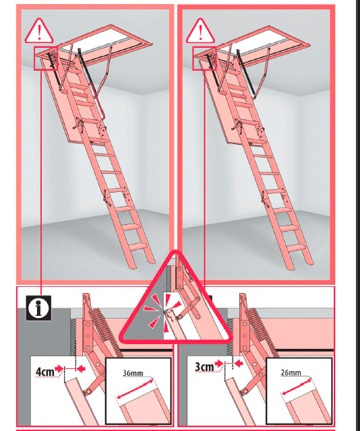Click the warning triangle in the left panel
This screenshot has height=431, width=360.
[x=39, y=31]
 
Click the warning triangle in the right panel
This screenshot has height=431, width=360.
[x=200, y=31]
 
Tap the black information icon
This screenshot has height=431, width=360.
[x=38, y=308]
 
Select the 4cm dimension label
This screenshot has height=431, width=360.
[x=45, y=372]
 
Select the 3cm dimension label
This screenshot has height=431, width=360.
[x=204, y=366]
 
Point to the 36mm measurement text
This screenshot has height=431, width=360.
[x=133, y=373]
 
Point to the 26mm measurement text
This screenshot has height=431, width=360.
[x=291, y=372]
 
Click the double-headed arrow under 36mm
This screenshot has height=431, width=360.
[x=135, y=389]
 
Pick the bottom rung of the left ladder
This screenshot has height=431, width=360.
[x=138, y=246]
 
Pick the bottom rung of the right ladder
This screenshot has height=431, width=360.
[x=296, y=247]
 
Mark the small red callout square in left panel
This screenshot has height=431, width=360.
[x=46, y=59]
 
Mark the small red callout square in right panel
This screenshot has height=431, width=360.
[x=204, y=59]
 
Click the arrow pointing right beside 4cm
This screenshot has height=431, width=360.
[x=59, y=368]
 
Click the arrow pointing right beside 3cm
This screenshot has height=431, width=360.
[x=219, y=364]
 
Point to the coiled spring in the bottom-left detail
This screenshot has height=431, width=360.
[x=73, y=337]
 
